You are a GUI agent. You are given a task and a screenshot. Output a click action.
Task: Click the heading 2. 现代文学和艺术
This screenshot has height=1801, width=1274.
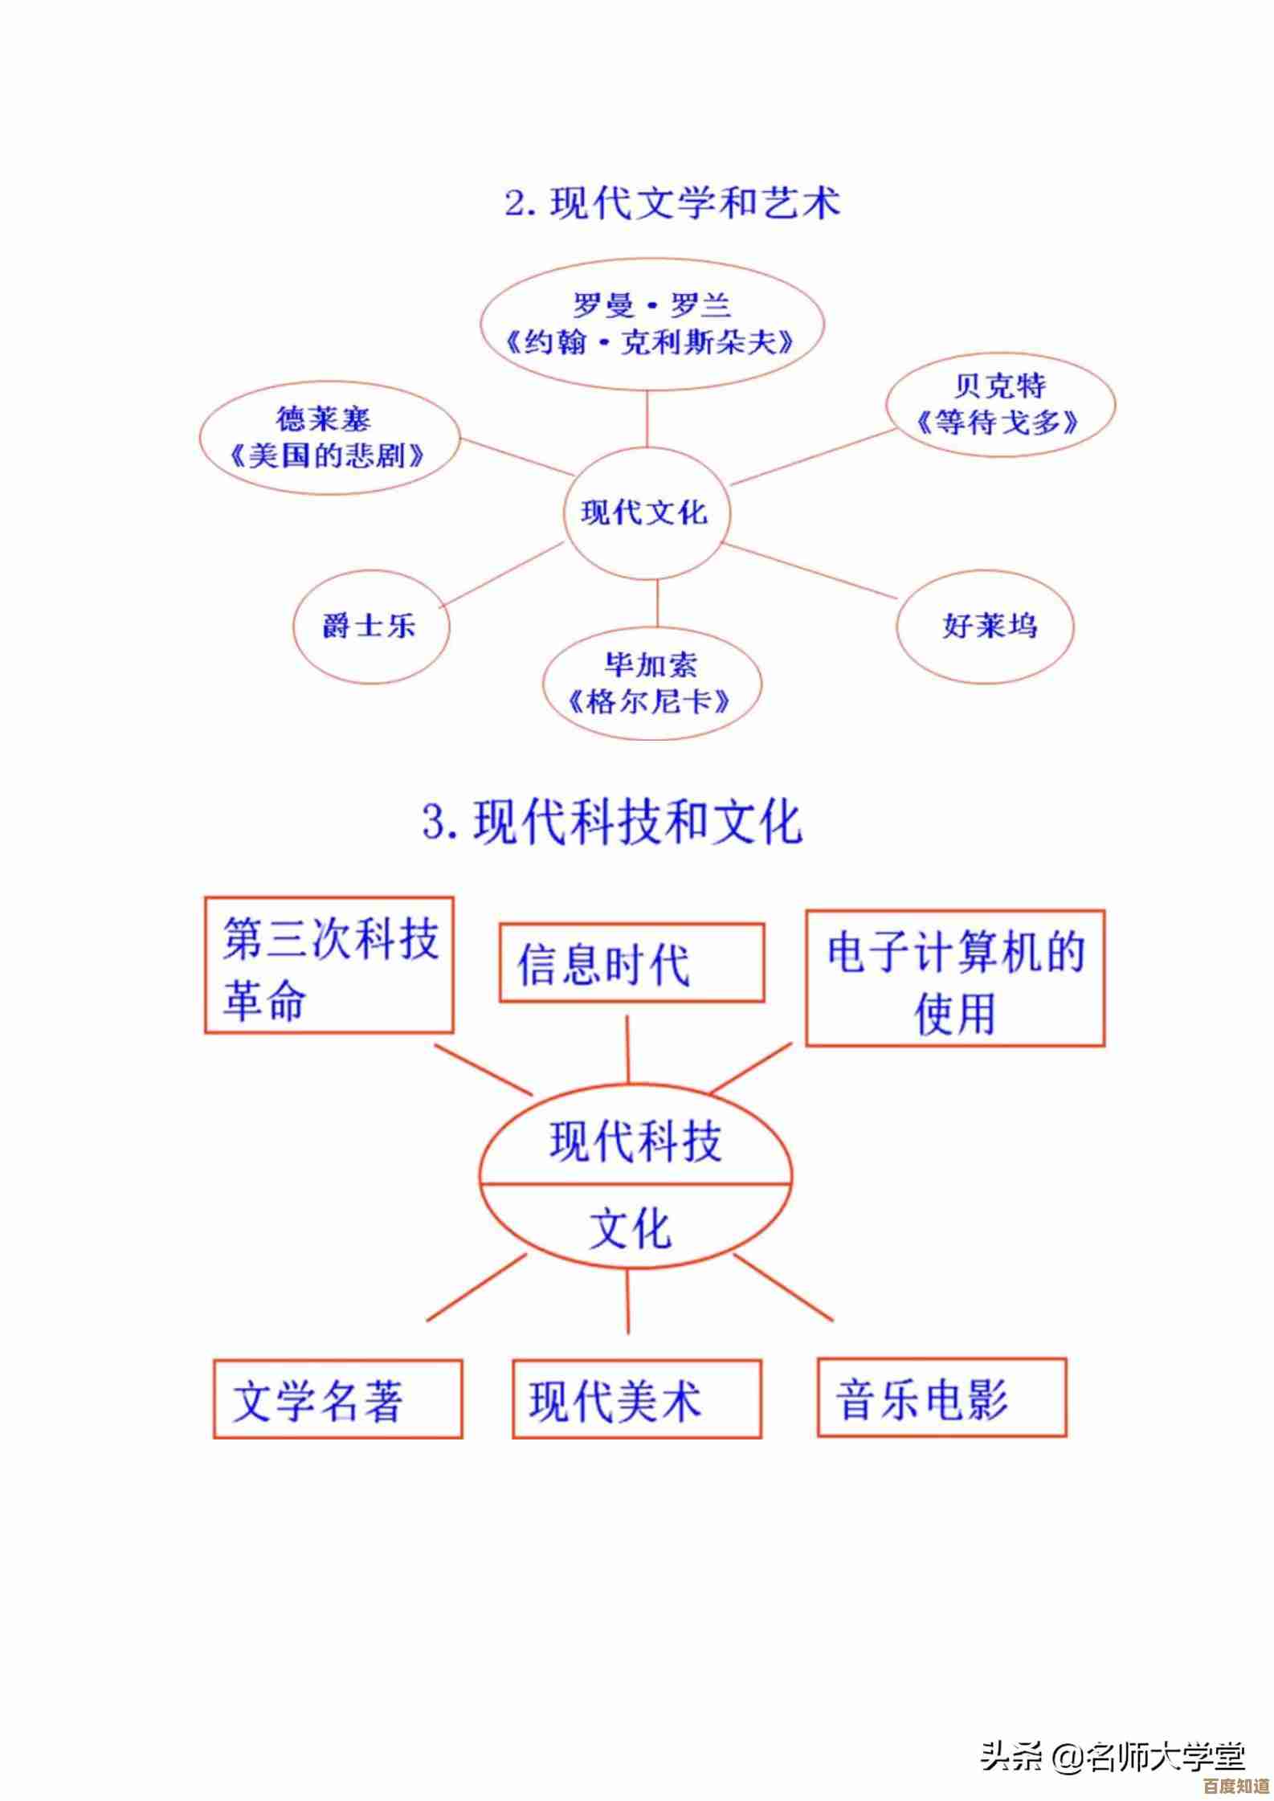click(x=672, y=202)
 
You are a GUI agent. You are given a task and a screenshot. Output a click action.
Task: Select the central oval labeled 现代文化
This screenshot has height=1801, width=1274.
click(x=645, y=513)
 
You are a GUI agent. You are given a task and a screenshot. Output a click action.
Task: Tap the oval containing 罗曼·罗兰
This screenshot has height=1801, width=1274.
click(x=650, y=325)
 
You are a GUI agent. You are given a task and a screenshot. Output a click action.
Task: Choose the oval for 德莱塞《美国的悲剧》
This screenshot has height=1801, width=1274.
click(x=328, y=439)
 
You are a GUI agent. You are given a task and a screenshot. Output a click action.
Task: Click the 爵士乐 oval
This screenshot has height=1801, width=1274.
click(x=370, y=626)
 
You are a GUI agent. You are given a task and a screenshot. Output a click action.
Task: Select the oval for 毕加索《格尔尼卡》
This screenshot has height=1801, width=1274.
click(x=651, y=684)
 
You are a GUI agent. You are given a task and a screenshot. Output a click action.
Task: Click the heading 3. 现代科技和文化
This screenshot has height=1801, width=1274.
click(x=612, y=822)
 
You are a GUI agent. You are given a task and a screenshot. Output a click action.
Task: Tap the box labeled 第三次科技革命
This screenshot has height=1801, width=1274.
click(x=329, y=965)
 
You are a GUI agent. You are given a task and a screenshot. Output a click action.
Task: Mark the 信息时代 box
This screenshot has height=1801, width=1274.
click(x=631, y=963)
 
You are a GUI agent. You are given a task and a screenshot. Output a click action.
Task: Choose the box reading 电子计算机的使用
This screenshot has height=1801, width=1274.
click(x=955, y=978)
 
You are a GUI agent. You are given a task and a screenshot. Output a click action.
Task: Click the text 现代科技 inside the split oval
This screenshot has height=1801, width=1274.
click(x=635, y=1141)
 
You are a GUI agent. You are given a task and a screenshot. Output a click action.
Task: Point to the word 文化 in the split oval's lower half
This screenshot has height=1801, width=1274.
click(x=630, y=1228)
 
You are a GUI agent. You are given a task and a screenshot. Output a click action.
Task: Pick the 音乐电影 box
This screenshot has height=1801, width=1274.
click(x=941, y=1398)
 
